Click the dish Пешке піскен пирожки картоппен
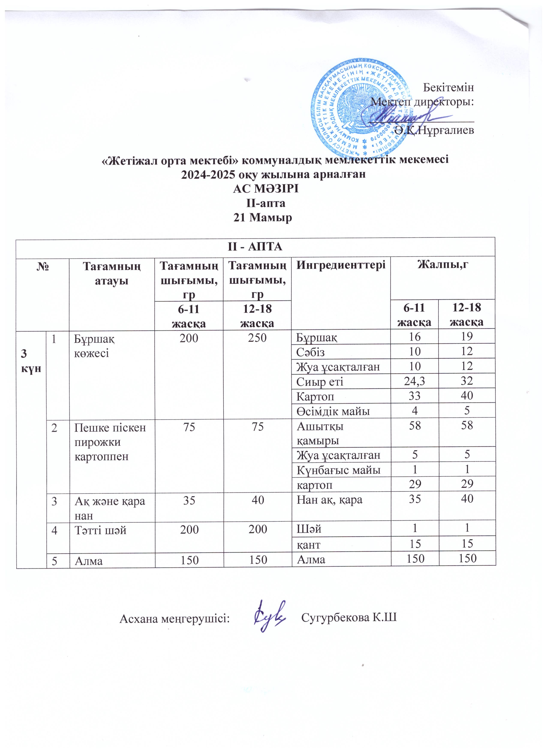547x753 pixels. click(110, 442)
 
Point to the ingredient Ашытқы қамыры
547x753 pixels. click(320, 433)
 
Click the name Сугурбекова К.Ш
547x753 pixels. click(349, 618)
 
